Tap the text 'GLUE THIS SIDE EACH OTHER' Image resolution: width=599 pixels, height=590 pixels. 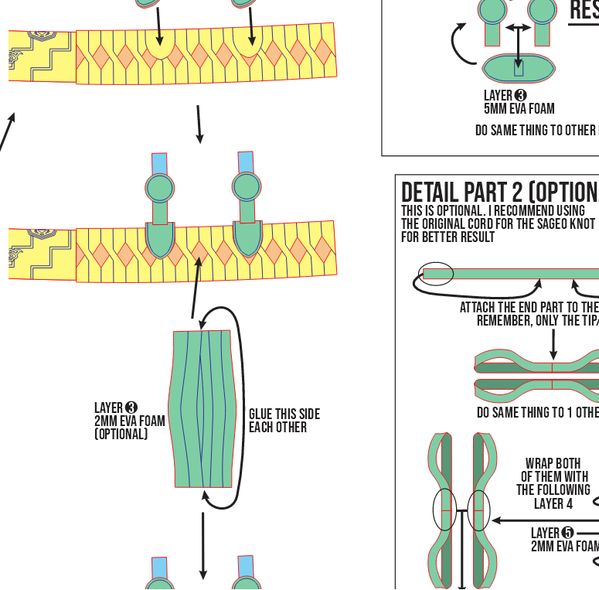[x=284, y=421]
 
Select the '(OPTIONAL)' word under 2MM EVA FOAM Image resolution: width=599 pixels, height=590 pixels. [x=121, y=435]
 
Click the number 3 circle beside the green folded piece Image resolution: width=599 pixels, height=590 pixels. [x=131, y=408]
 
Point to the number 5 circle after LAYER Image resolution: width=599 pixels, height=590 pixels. [x=568, y=533]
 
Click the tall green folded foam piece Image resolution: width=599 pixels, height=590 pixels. [x=201, y=408]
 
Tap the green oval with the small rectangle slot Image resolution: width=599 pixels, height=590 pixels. [x=519, y=68]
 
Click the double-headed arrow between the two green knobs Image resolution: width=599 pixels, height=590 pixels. [x=519, y=28]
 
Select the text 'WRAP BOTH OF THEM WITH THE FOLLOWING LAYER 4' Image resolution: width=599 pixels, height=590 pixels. [x=553, y=483]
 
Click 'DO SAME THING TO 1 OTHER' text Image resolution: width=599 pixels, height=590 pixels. [x=537, y=413]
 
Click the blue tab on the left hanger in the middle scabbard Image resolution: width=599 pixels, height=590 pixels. [x=159, y=164]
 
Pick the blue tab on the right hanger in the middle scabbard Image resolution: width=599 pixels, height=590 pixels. [x=247, y=162]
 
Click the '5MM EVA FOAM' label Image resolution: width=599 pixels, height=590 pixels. [x=519, y=109]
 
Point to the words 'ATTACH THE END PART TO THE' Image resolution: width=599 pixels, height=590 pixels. [x=529, y=307]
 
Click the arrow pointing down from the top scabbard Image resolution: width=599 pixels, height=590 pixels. [x=199, y=124]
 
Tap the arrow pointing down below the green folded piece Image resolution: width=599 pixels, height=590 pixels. [x=203, y=544]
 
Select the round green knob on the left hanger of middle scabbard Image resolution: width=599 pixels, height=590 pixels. [x=158, y=189]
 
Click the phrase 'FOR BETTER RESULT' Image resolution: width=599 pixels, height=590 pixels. [x=448, y=237]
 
